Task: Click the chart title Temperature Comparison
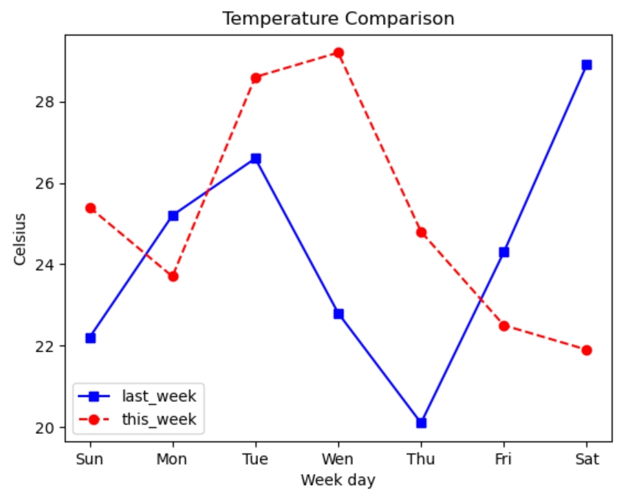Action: click(x=338, y=18)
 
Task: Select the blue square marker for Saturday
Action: click(x=587, y=65)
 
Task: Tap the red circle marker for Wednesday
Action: click(x=338, y=53)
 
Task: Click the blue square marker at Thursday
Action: click(x=421, y=423)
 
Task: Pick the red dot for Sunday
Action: click(x=90, y=208)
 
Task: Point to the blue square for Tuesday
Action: click(x=256, y=158)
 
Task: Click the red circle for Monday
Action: click(x=173, y=276)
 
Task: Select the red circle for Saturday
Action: click(x=587, y=350)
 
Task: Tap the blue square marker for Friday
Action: click(x=504, y=252)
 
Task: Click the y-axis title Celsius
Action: click(x=21, y=240)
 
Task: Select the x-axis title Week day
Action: click(x=338, y=481)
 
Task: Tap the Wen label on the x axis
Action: click(x=338, y=460)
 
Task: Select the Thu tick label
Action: click(x=421, y=460)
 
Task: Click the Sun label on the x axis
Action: click(x=90, y=460)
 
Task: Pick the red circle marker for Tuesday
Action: click(x=256, y=77)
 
